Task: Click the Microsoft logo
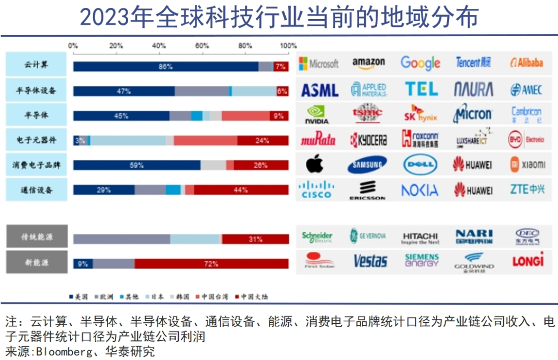(x=319, y=64)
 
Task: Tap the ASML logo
(x=320, y=90)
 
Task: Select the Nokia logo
(x=420, y=191)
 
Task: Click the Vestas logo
(x=370, y=261)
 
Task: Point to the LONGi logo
(x=528, y=260)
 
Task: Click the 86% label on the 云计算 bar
(x=165, y=67)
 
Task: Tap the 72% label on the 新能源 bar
(x=211, y=264)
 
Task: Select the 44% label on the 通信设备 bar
(x=241, y=190)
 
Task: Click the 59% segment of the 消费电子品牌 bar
(x=137, y=166)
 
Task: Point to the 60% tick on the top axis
(x=202, y=46)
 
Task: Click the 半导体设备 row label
(x=36, y=91)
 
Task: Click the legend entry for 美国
(x=78, y=297)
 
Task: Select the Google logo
(x=420, y=63)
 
